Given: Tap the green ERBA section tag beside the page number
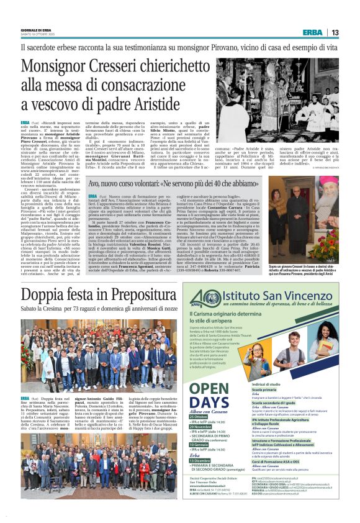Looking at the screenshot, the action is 312,32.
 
